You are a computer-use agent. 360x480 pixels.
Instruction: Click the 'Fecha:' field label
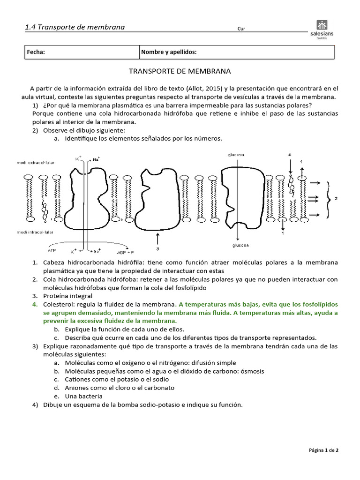[x=36, y=52]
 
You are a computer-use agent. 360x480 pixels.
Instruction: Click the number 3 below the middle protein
[x=158, y=249]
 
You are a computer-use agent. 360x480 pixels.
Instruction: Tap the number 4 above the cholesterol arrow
[x=289, y=155]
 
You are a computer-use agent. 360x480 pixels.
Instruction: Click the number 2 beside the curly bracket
[x=336, y=198]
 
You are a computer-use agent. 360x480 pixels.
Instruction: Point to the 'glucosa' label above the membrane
[x=236, y=155]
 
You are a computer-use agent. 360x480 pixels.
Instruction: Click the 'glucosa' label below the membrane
[x=240, y=245]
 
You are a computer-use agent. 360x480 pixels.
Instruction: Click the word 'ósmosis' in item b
[x=252, y=371]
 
